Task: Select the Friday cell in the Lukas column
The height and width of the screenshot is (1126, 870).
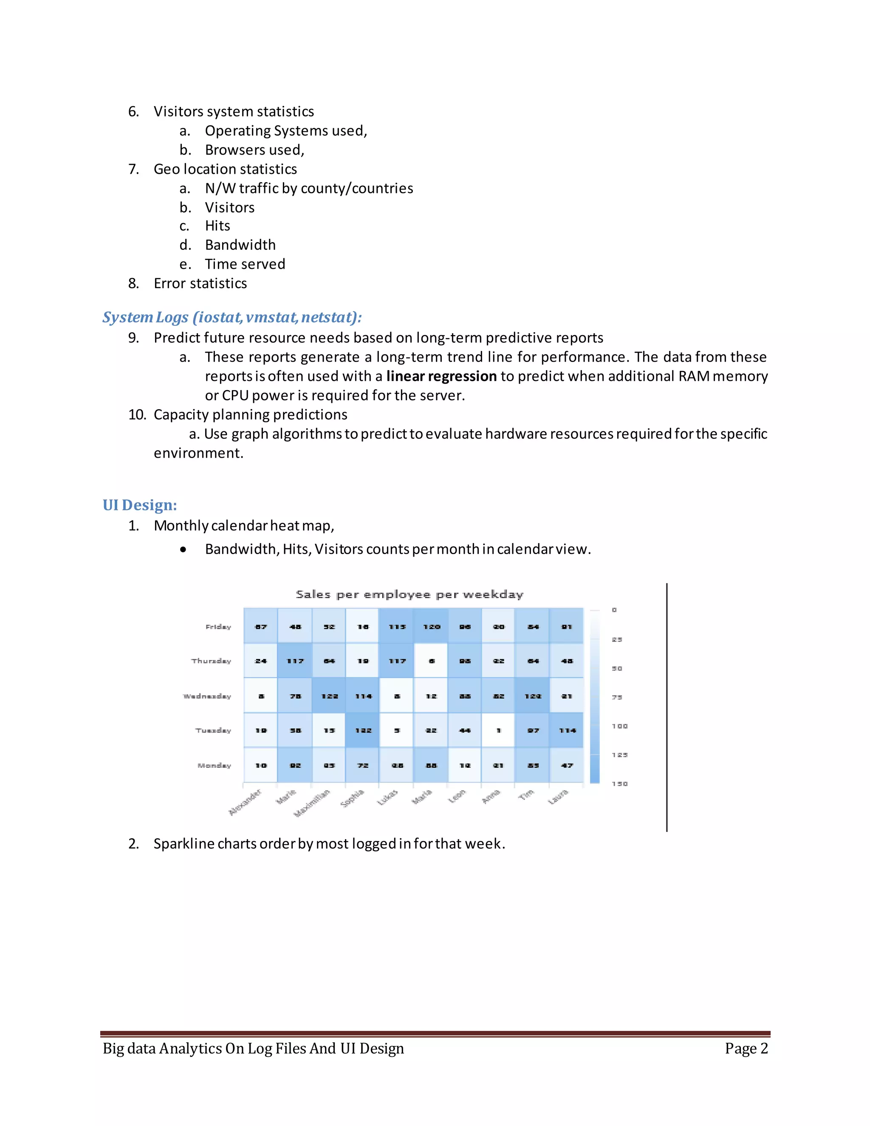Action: tap(397, 626)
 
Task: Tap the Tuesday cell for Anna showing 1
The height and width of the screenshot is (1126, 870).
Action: tap(498, 730)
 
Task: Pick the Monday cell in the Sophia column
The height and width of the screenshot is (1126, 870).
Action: tap(363, 765)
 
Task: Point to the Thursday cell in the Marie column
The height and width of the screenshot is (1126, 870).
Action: tap(295, 660)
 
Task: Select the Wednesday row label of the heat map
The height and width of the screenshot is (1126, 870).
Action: tap(207, 696)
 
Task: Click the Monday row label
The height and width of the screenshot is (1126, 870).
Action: tap(215, 765)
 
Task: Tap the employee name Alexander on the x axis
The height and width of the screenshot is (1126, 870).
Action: tap(246, 802)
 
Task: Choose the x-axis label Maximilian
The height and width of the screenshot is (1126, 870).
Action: tap(312, 803)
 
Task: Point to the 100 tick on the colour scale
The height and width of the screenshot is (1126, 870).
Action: tap(619, 726)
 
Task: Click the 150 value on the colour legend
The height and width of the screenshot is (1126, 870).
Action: tap(619, 784)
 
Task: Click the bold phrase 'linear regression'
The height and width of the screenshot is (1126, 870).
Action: tap(441, 376)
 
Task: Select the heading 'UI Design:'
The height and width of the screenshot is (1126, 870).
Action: tap(140, 505)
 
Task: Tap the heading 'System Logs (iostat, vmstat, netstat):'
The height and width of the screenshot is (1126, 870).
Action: tap(232, 317)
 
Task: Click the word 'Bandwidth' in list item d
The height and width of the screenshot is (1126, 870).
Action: tap(240, 244)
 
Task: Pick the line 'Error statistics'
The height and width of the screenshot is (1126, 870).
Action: tap(200, 283)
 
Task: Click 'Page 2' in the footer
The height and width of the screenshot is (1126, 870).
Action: tap(746, 1048)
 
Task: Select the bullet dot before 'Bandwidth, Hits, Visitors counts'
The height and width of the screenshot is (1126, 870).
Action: tap(184, 549)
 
